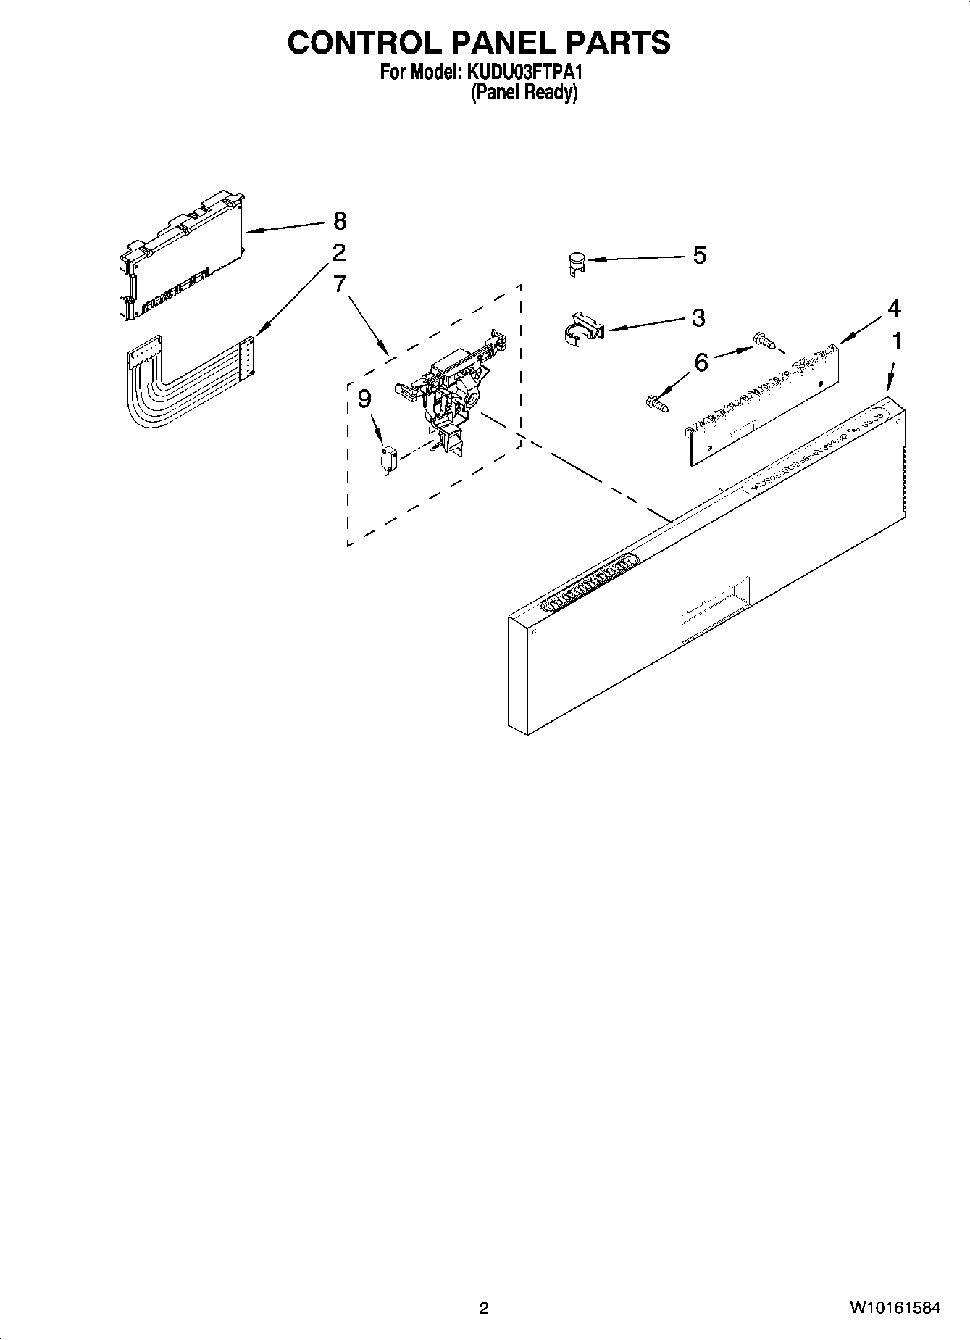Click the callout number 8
point(340,220)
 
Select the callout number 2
point(338,253)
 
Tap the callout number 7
point(340,283)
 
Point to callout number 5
point(699,255)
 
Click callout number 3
point(698,317)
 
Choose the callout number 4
point(894,309)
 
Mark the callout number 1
point(897,341)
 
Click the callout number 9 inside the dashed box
point(364,399)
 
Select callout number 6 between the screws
point(701,362)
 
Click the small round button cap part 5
point(577,262)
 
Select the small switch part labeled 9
point(388,459)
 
